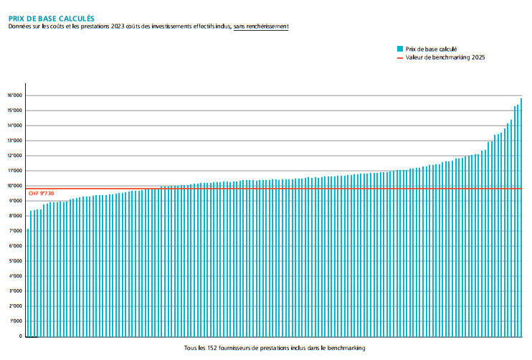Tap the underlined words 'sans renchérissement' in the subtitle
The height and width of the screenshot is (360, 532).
261,27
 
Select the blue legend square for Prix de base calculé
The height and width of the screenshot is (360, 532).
399,49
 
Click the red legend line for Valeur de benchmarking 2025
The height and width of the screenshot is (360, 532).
399,57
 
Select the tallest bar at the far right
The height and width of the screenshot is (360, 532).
521,215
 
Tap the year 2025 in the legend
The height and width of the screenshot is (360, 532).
478,57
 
